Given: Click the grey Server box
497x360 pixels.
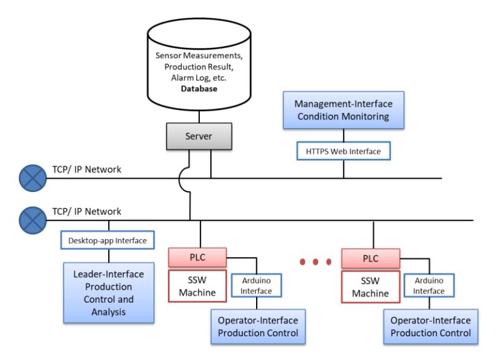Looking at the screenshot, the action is [199, 137].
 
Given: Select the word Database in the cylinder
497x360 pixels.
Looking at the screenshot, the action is [199, 89].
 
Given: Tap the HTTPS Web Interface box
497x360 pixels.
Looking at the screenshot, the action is [344, 151].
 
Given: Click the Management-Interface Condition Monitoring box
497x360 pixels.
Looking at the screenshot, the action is [344, 110].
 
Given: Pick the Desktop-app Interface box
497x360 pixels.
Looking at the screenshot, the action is [107, 240].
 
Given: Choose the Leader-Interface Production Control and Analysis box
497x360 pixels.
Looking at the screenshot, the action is [109, 293].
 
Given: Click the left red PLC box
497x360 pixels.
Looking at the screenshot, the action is [197, 257].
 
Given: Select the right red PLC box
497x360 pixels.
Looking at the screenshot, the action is [371, 259].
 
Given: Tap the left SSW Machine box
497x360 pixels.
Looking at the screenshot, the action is [197, 286].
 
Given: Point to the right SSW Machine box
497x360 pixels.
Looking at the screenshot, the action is [371, 287].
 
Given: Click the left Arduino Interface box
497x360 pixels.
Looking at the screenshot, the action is [257, 286].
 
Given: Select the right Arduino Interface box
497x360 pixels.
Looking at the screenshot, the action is [429, 286].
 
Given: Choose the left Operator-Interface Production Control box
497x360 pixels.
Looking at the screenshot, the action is [258, 327].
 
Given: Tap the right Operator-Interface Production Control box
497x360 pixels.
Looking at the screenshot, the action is [431, 327].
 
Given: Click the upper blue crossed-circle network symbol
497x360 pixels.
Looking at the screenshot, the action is [33, 178].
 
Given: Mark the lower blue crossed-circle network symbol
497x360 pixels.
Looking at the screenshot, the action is [33, 220].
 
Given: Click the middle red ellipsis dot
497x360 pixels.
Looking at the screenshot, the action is [315, 262].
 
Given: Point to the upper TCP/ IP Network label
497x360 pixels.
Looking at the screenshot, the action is [86, 170].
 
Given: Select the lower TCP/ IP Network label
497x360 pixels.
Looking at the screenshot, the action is [86, 211].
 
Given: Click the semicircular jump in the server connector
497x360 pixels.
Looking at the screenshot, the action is [179, 179].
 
